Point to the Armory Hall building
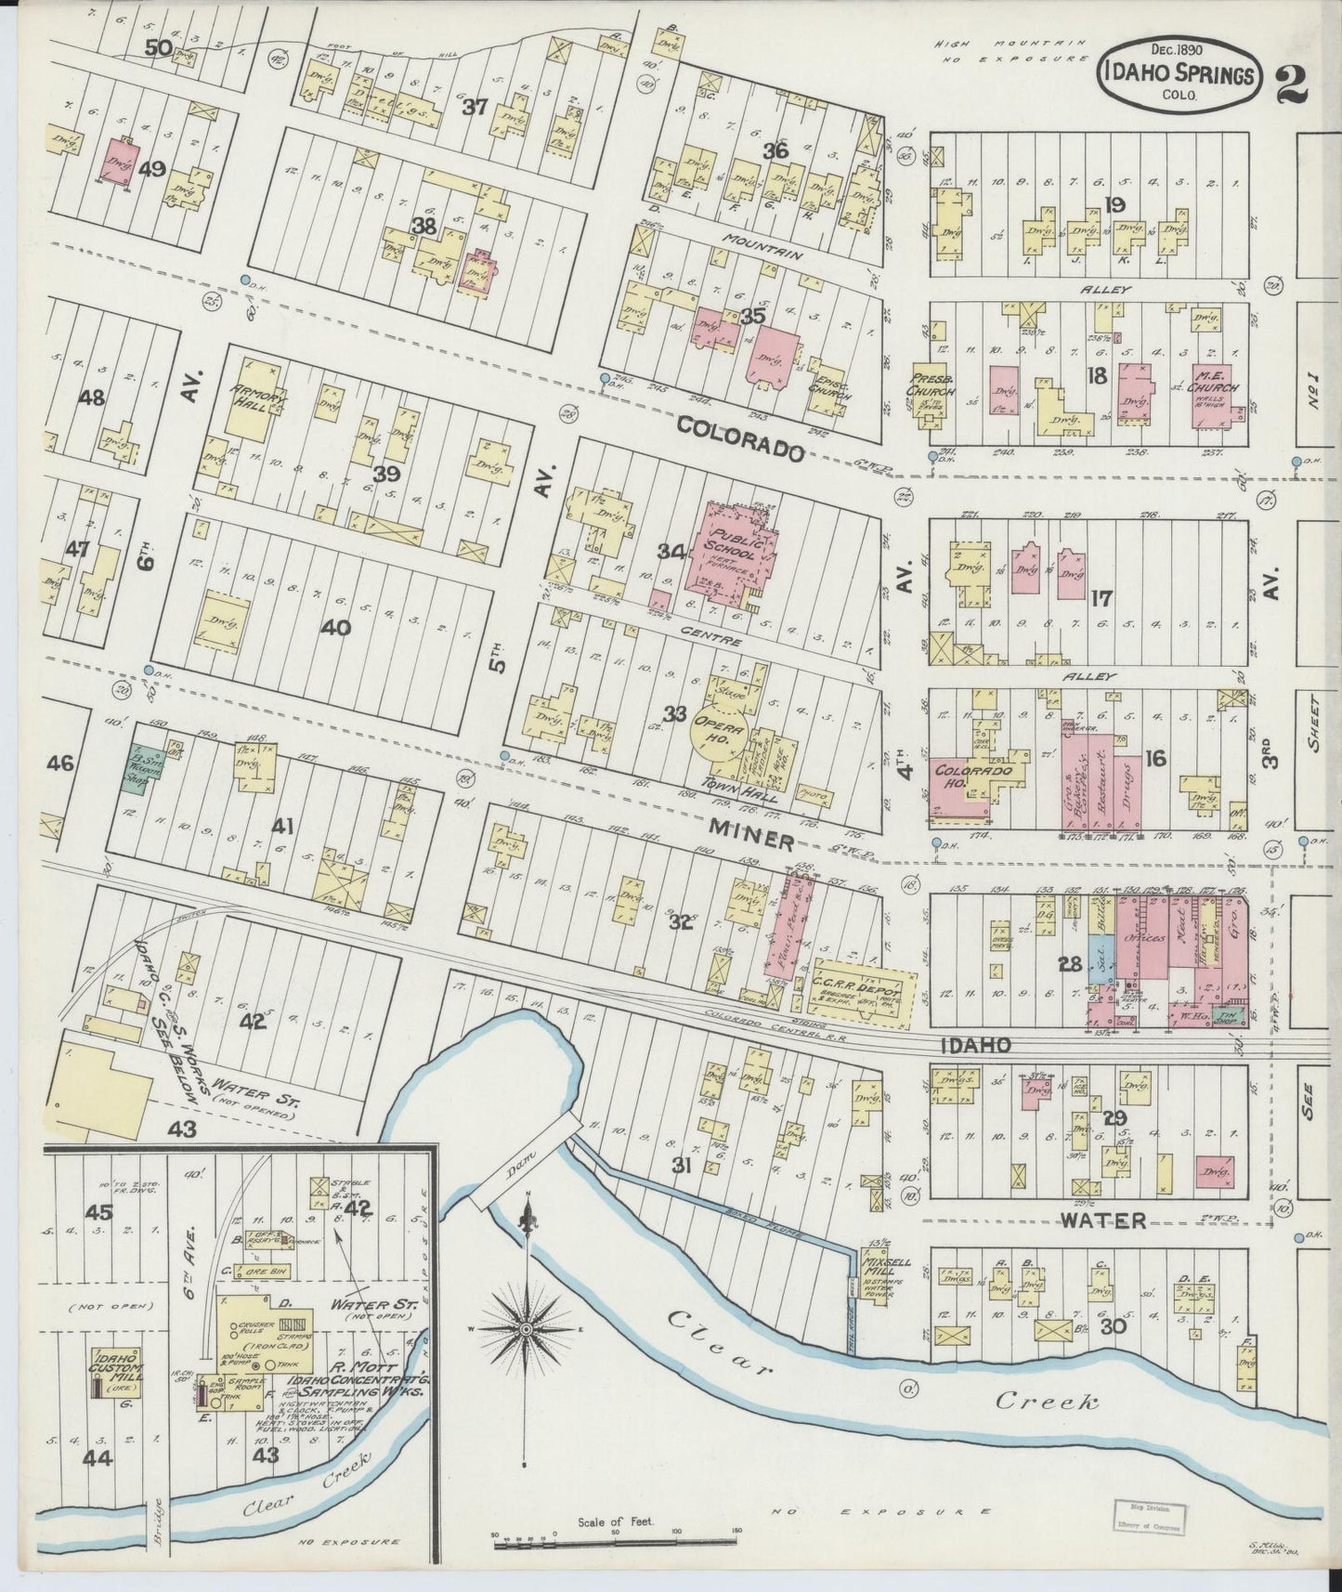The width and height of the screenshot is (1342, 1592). (254, 409)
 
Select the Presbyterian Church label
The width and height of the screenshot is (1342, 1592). (931, 384)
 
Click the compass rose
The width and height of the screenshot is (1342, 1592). (527, 1330)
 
